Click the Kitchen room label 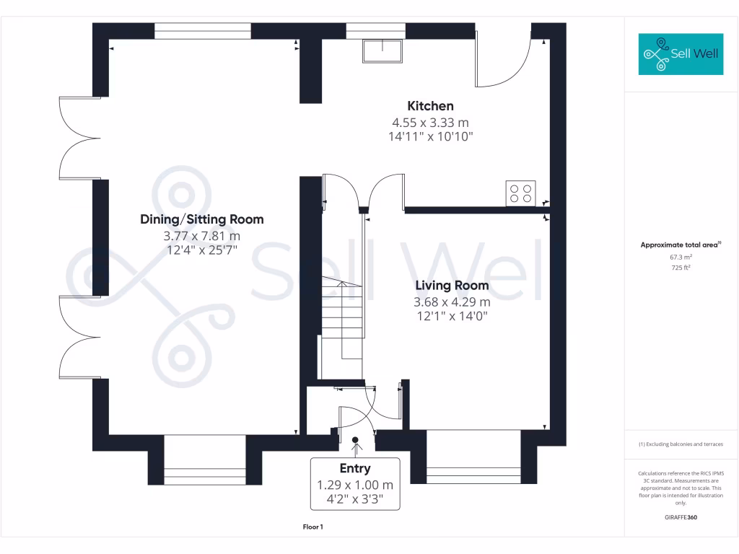pyautogui.click(x=431, y=106)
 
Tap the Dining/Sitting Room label pyautogui.click(x=202, y=219)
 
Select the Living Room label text pyautogui.click(x=452, y=286)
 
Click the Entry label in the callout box pyautogui.click(x=355, y=469)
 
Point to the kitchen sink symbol pyautogui.click(x=382, y=51)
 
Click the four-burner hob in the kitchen pyautogui.click(x=520, y=193)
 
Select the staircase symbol pyautogui.click(x=342, y=317)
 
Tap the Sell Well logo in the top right pyautogui.click(x=681, y=54)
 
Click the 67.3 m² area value pyautogui.click(x=681, y=257)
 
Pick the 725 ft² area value pyautogui.click(x=681, y=268)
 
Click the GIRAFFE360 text pyautogui.click(x=681, y=517)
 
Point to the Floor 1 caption pyautogui.click(x=312, y=527)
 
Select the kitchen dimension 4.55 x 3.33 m pyautogui.click(x=431, y=123)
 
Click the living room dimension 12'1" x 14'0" pyautogui.click(x=452, y=315)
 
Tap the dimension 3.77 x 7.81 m pyautogui.click(x=202, y=236)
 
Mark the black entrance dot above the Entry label pyautogui.click(x=355, y=439)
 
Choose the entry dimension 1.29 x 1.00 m pyautogui.click(x=355, y=485)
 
